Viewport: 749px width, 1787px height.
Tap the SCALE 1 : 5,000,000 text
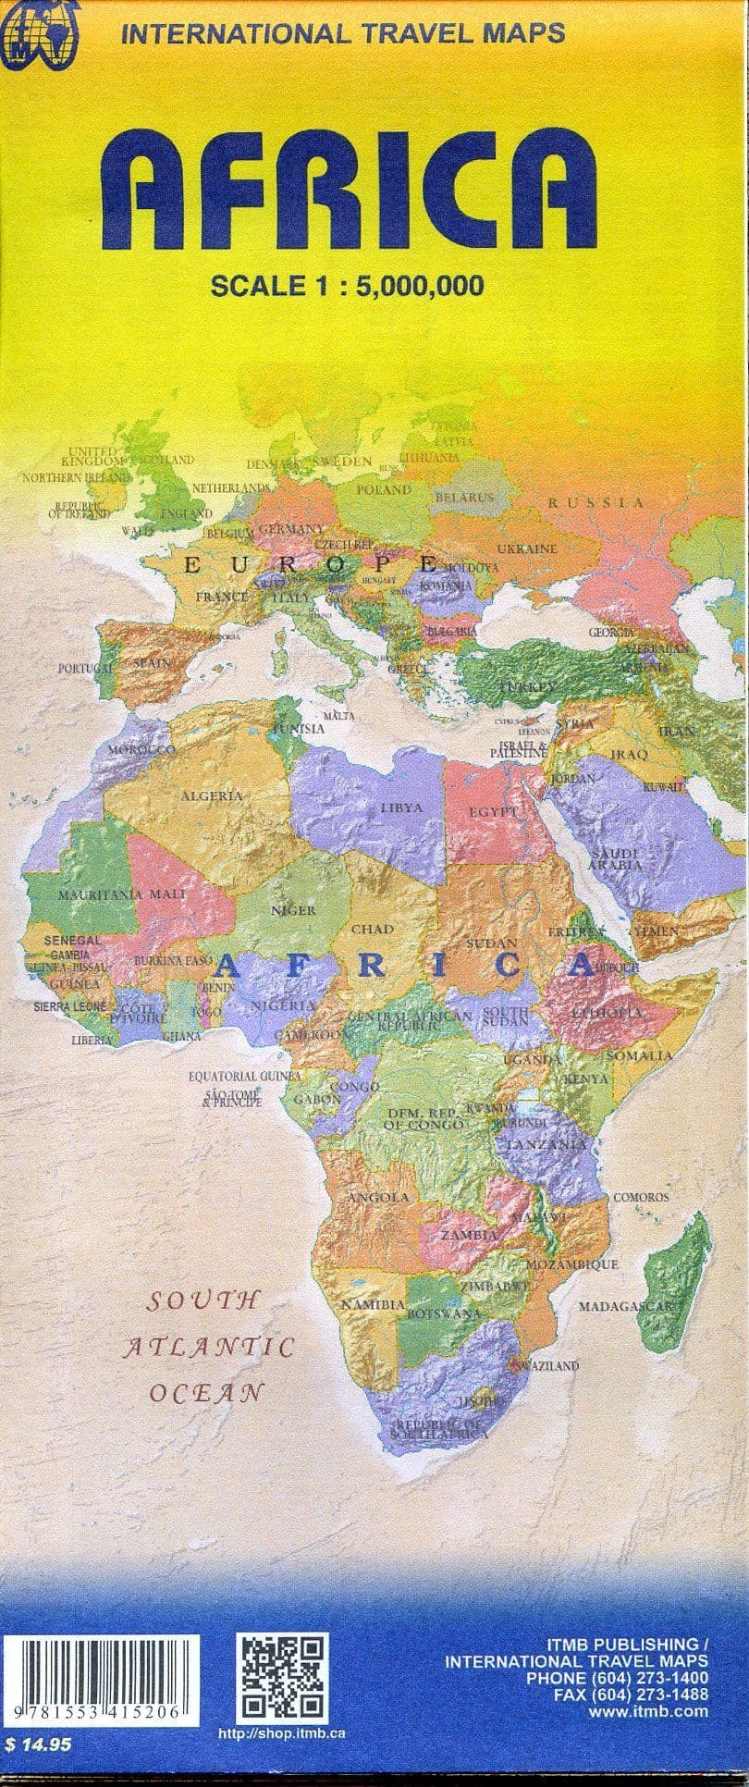pos(347,286)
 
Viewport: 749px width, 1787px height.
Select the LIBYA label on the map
pos(400,807)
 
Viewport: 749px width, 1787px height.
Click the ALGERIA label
pos(212,795)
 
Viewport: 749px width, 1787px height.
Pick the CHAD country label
pos(372,929)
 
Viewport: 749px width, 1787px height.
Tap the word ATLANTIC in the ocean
pos(209,1347)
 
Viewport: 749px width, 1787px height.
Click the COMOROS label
pos(640,1197)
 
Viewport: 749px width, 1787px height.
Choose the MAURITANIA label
pos(100,895)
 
